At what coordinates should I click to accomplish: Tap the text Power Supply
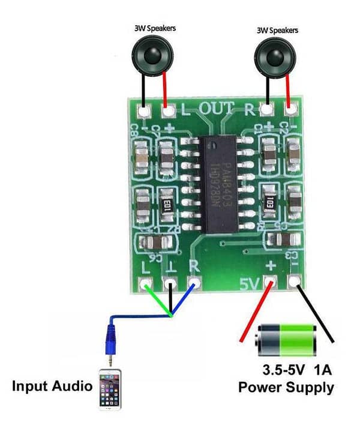pyautogui.click(x=286, y=387)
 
